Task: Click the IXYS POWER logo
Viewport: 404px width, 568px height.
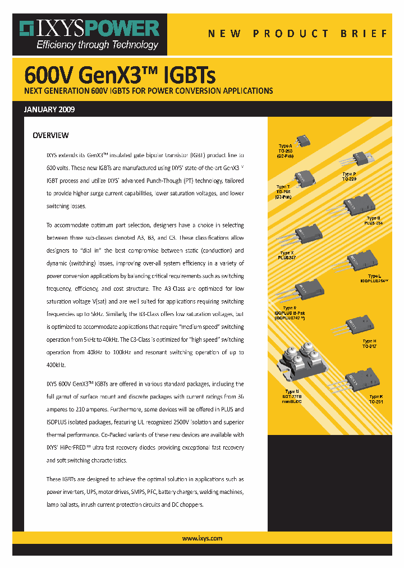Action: (89, 29)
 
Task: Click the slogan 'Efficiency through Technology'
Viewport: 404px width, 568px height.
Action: (97, 45)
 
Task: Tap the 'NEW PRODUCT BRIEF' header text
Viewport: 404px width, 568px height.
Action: (297, 34)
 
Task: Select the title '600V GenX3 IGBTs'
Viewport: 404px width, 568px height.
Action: (120, 75)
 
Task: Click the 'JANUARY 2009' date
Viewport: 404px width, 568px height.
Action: (49, 109)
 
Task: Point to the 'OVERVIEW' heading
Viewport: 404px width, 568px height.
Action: (50, 135)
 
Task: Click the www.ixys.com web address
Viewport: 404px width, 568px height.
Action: (202, 538)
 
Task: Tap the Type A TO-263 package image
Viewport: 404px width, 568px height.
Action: (303, 139)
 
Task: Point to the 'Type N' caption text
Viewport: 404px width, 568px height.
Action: (291, 391)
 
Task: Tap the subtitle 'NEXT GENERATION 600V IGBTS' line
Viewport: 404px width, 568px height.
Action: (148, 90)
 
